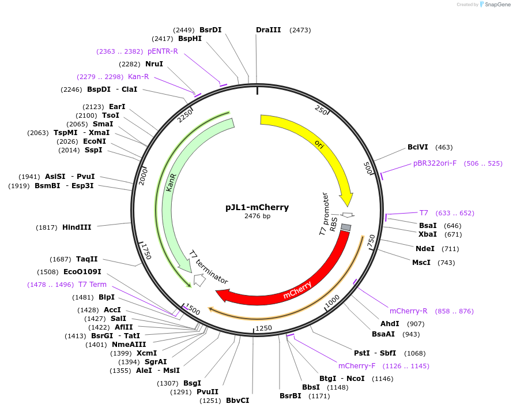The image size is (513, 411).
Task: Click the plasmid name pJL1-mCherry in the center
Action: click(257, 207)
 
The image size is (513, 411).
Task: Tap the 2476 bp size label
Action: click(257, 216)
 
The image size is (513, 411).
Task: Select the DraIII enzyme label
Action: click(268, 30)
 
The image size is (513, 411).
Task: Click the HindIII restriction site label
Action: click(77, 227)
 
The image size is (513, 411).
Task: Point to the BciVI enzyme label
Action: click(418, 148)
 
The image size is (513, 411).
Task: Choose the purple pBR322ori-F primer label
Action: click(435, 163)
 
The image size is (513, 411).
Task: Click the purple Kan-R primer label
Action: click(138, 77)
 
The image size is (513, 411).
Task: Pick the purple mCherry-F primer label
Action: click(357, 366)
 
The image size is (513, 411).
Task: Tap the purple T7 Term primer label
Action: click(92, 285)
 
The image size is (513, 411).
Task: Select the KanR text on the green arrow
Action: click(171, 181)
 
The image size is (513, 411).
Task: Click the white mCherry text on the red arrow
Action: click(297, 290)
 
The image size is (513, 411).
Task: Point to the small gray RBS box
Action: click(346, 227)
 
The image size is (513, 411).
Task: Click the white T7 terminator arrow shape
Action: click(199, 280)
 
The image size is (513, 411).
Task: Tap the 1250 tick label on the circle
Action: click(263, 328)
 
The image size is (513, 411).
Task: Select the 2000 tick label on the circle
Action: click(144, 177)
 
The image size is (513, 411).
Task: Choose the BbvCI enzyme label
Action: click(237, 401)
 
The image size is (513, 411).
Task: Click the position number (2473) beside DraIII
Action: click(300, 30)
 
